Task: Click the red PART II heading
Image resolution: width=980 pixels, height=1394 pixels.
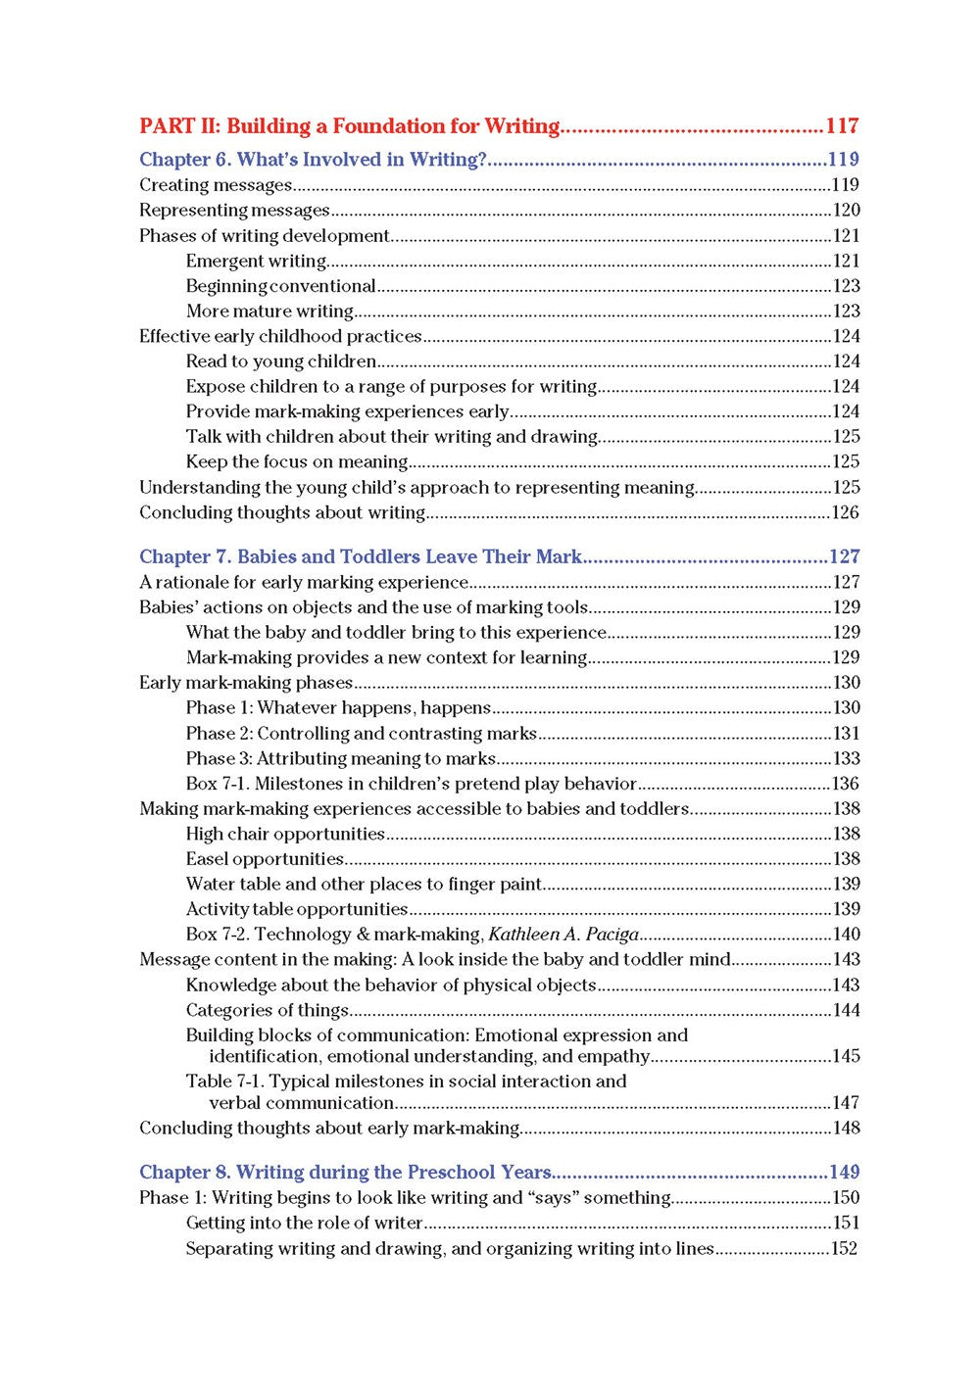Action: click(x=349, y=126)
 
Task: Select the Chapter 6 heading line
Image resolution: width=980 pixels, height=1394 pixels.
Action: click(x=313, y=160)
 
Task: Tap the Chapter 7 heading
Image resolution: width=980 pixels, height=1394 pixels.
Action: click(x=361, y=557)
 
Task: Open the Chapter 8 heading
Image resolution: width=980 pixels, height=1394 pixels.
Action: click(x=346, y=1173)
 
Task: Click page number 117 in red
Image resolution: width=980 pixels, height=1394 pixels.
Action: click(x=842, y=126)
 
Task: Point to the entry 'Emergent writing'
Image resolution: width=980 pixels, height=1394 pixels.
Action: click(x=256, y=262)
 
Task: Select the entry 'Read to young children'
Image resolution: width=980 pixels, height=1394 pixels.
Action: click(x=281, y=361)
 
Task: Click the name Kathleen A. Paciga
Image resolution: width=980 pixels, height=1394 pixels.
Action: click(x=563, y=935)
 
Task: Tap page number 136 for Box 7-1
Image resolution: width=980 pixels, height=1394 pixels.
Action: click(x=846, y=784)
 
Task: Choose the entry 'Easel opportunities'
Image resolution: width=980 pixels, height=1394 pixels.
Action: click(x=265, y=859)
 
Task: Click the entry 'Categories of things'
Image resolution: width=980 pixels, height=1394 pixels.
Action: click(x=268, y=1010)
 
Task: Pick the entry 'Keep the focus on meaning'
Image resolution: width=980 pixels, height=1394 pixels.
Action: click(x=297, y=462)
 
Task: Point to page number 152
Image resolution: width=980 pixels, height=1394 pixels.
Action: click(x=844, y=1249)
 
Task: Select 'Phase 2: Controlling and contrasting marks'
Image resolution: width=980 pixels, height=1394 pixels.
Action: click(x=362, y=734)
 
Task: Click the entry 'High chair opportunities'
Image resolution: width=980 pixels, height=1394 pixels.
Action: click(x=285, y=835)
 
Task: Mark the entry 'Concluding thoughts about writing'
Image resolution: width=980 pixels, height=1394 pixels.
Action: click(x=282, y=513)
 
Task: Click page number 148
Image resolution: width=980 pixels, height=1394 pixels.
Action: click(x=846, y=1129)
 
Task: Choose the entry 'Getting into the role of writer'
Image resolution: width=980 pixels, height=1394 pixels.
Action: click(x=304, y=1224)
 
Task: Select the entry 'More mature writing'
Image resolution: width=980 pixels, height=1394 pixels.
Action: click(x=269, y=312)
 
